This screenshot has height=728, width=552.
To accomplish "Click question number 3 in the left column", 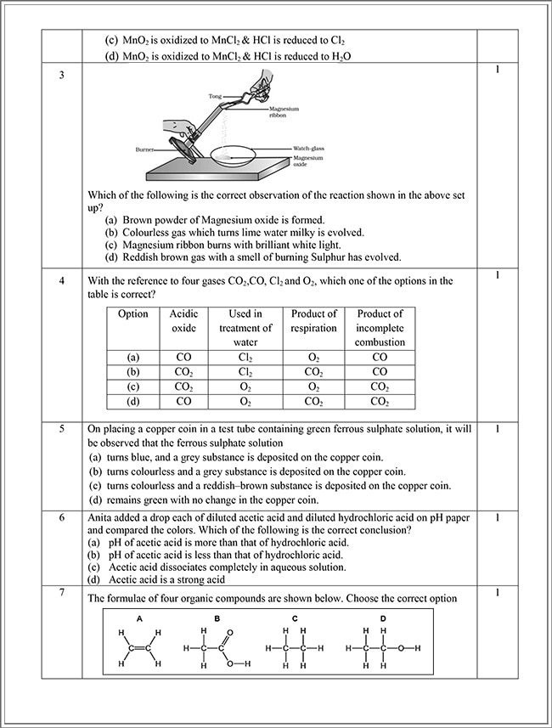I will (61, 76).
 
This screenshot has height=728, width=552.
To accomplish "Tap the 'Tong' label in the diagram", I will (215, 97).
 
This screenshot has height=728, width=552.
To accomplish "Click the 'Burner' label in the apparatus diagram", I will (144, 149).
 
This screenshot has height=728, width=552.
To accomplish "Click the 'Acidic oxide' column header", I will (183, 321).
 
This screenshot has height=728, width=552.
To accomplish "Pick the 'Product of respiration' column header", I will (313, 321).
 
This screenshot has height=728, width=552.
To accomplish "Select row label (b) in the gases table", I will (132, 372).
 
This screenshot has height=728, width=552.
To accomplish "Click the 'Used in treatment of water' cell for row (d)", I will (245, 401).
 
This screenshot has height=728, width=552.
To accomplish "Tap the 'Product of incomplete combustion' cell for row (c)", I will (380, 387).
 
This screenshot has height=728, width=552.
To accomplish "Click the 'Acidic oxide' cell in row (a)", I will (183, 358).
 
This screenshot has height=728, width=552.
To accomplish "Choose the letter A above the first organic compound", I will (139, 618).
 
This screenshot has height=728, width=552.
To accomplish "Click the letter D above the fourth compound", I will (383, 618).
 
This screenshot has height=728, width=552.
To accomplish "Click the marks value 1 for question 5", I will (496, 429).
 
